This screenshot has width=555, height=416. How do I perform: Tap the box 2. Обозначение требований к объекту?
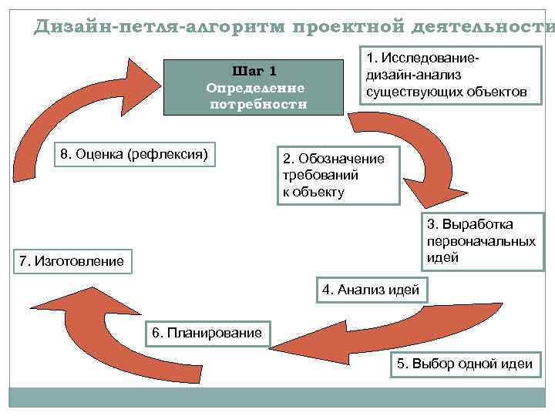[339, 175]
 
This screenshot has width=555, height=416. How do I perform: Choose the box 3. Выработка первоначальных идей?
[481, 241]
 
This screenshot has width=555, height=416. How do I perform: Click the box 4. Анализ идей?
[371, 290]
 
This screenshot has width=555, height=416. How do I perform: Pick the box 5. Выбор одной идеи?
[464, 364]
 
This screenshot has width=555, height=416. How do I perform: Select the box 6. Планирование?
[207, 332]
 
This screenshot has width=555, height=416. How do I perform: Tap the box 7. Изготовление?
[71, 261]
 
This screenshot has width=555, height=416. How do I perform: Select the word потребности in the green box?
[257, 104]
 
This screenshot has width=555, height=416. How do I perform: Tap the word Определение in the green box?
[255, 87]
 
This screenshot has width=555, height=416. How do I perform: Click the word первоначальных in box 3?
[481, 241]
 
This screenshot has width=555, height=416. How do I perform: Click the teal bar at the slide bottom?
[277, 397]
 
